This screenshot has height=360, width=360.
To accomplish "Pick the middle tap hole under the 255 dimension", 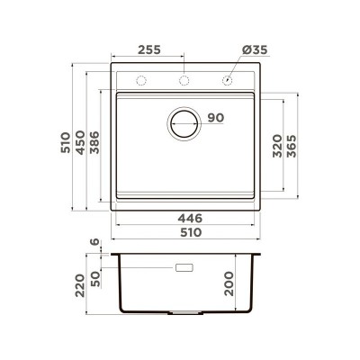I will tap(184, 81).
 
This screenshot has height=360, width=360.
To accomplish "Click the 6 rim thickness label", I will tap(94, 242).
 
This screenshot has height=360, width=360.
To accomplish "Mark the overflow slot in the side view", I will tap(185, 268).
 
